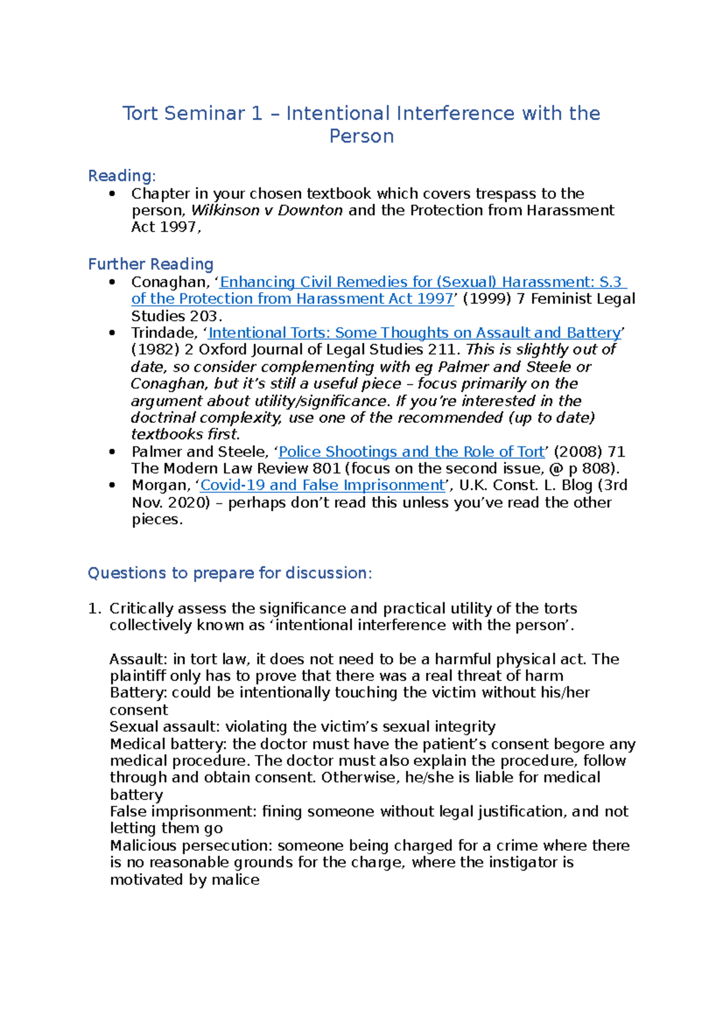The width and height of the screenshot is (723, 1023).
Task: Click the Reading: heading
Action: [x=122, y=176]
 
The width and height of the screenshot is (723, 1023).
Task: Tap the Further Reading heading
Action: [x=151, y=264]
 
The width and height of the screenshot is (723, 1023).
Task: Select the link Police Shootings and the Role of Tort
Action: [x=412, y=452]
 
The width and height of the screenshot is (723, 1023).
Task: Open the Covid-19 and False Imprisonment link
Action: [x=322, y=486]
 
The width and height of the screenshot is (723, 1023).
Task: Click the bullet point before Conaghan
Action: [x=112, y=282]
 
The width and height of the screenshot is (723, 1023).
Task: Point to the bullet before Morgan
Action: [x=112, y=486]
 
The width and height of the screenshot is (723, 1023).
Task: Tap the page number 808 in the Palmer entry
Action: [x=596, y=469]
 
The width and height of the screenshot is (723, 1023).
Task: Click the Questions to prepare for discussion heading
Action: [x=230, y=573]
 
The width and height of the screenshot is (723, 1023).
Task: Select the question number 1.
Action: [x=95, y=608]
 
